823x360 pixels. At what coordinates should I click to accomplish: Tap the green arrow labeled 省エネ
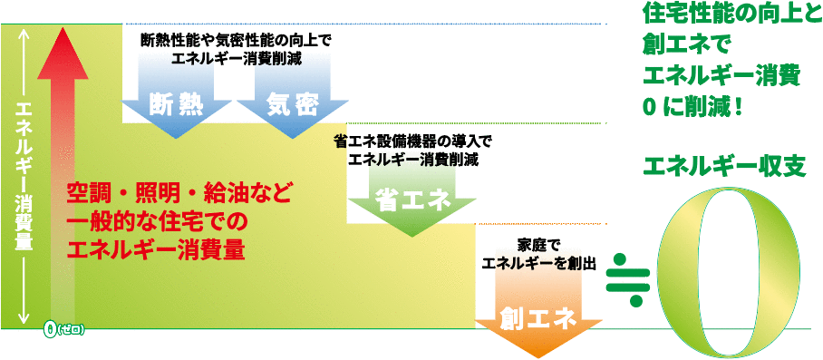[411, 202]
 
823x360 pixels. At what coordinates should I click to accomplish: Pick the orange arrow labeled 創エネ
[538, 320]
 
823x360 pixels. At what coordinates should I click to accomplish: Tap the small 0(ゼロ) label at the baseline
[63, 330]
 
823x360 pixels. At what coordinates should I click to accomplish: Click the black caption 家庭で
[540, 245]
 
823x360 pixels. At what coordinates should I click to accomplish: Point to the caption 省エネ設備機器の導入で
[412, 141]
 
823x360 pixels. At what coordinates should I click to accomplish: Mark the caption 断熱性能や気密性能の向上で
[237, 40]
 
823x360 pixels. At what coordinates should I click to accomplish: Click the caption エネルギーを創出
[539, 263]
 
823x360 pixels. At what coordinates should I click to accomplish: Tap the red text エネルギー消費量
[156, 250]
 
